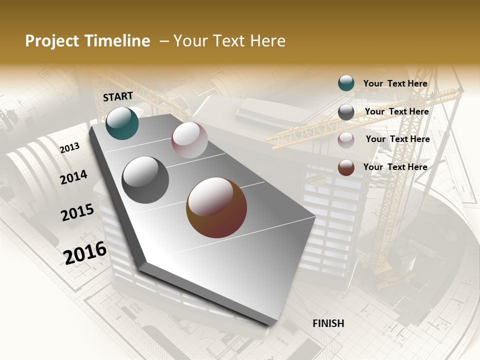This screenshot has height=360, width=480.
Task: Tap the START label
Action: pos(118,96)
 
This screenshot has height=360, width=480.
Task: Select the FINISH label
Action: pos(328,323)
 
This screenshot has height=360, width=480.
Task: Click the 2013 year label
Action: pos(69,148)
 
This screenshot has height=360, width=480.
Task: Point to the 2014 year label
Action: pos(73,177)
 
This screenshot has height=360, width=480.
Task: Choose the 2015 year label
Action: pos(77,212)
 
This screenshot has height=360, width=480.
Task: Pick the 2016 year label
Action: pos(85,252)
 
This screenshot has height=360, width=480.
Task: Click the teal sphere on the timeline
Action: pos(122,123)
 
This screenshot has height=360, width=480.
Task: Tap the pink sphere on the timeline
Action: pos(189,140)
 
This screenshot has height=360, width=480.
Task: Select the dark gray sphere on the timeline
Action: pos(145,180)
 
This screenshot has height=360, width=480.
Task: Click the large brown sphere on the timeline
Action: pos(216,207)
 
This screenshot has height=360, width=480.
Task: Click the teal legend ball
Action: pos(346,83)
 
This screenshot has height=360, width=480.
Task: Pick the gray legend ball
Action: pos(346,112)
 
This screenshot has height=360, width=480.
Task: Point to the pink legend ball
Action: pos(346,140)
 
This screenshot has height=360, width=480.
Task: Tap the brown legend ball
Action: pos(346,168)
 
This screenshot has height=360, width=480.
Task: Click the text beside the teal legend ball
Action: pos(395,83)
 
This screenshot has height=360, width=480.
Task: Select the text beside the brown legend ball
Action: pos(395,167)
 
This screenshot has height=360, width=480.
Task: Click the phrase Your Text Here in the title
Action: pos(229,41)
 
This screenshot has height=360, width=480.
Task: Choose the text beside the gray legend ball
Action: pos(396,111)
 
